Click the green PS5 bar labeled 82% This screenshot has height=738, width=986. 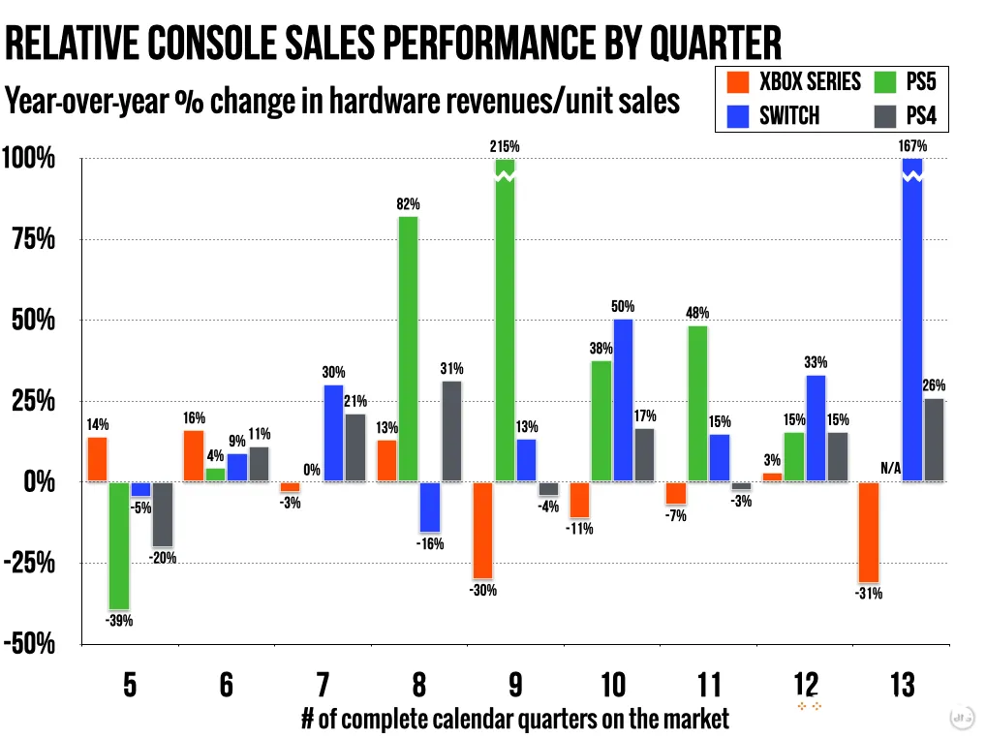click(x=408, y=349)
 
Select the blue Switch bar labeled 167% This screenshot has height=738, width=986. click(x=911, y=320)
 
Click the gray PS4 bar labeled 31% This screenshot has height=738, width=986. click(x=451, y=431)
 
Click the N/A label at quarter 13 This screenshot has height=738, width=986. click(x=891, y=469)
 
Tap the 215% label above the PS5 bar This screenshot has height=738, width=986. click(x=505, y=146)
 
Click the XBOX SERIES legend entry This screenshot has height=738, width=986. click(x=793, y=82)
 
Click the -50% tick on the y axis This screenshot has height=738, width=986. click(x=29, y=644)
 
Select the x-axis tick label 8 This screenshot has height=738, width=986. click(x=418, y=686)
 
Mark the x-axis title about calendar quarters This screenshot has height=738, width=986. click(x=514, y=719)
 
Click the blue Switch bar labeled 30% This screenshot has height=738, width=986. click(x=333, y=433)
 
